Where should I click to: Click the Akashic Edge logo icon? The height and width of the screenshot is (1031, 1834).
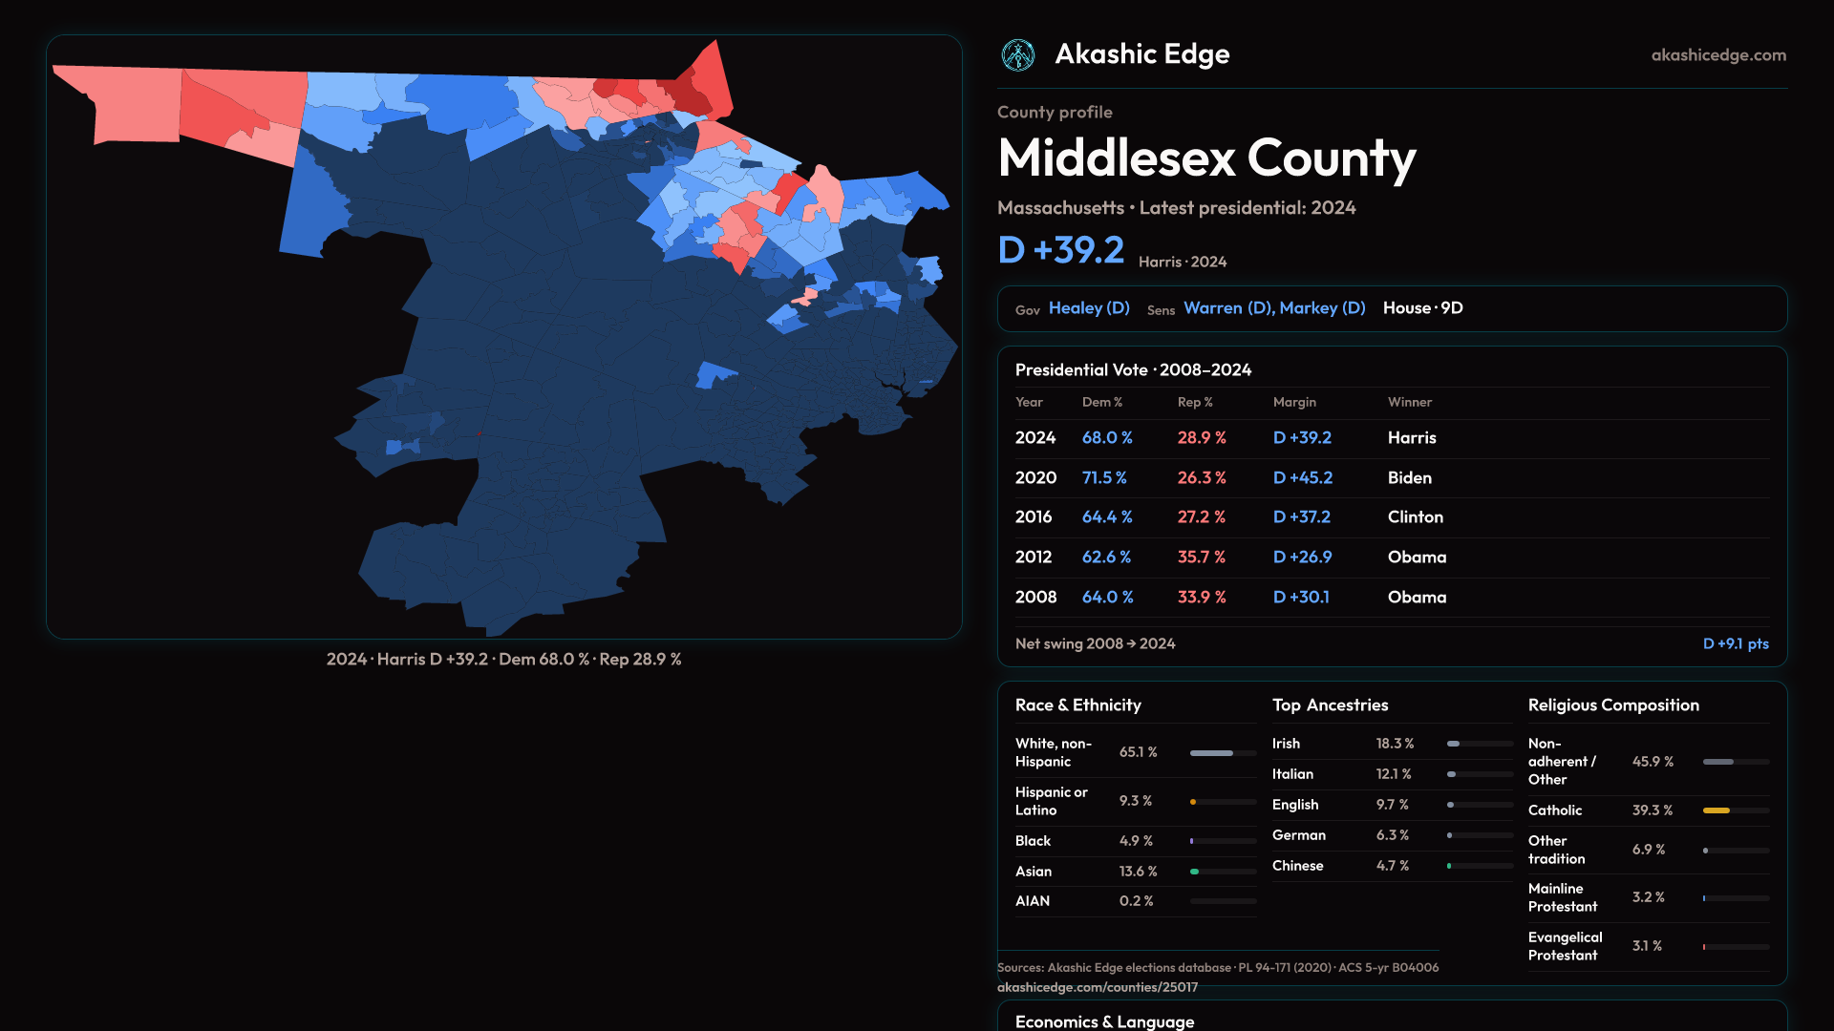pos(1018,55)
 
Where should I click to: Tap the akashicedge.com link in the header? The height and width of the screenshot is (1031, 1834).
pos(1718,55)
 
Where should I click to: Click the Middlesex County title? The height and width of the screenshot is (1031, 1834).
pos(1206,158)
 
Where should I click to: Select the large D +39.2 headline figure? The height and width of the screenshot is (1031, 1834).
pos(1061,250)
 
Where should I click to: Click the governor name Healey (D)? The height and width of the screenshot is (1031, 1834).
pos(1089,308)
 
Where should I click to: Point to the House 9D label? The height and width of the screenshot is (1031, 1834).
pos(1422,308)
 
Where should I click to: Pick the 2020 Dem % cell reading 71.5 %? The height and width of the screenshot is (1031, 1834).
pos(1104,477)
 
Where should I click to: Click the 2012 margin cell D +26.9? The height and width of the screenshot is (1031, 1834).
pos(1302,557)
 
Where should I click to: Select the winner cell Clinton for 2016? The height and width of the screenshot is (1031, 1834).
pos(1415,516)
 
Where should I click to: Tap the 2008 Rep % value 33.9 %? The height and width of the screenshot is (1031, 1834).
pos(1202,597)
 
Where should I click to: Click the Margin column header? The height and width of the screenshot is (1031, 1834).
pos(1294,402)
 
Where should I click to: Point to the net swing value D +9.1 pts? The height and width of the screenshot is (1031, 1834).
pos(1736,643)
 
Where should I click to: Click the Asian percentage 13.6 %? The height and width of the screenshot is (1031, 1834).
pos(1138,872)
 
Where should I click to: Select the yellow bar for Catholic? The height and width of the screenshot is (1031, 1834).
pos(1717,810)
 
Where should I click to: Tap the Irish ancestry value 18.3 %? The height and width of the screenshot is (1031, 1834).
pos(1395,744)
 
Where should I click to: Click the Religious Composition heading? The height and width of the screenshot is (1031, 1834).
pos(1613,705)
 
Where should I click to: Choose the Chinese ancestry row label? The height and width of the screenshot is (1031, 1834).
pos(1297,866)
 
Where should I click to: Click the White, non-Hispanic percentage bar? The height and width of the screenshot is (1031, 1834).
pos(1212,753)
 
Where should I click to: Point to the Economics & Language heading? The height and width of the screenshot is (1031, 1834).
pos(1104,1021)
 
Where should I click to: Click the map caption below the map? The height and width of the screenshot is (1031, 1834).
pos(503,660)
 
